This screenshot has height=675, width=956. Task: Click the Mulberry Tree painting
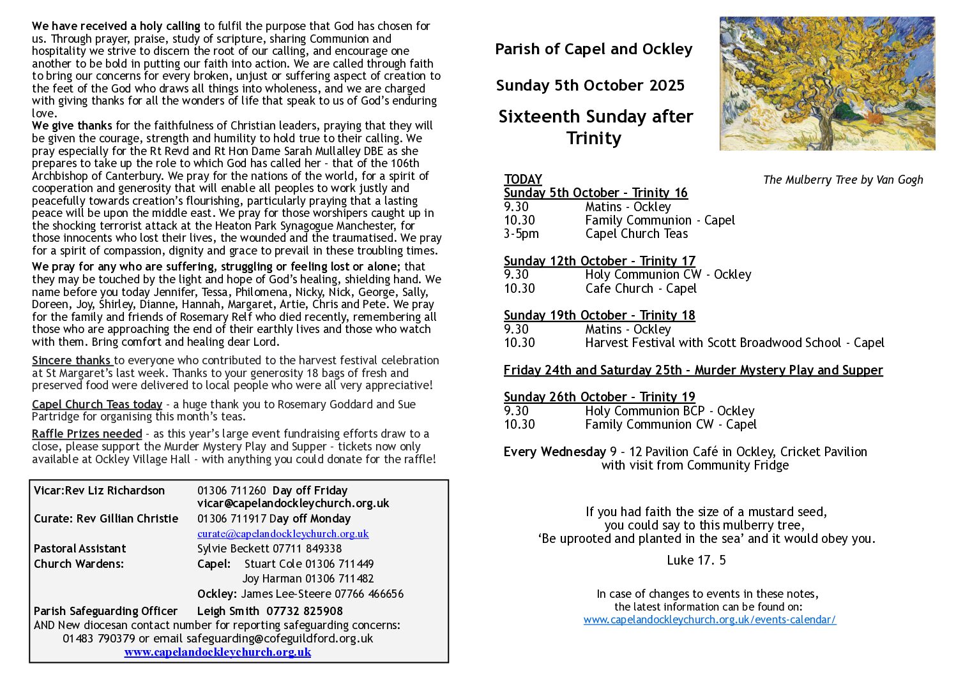coord(827,84)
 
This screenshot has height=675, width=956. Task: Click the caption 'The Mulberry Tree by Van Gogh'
coord(843,180)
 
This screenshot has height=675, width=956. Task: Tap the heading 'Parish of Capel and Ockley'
coord(593,49)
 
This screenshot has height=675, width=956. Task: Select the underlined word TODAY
coord(523,179)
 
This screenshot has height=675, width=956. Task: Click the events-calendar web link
coord(709,619)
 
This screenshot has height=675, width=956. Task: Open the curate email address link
coord(283,533)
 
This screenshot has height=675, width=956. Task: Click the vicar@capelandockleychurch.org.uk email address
coord(293,503)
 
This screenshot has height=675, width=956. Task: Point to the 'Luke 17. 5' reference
coord(696,560)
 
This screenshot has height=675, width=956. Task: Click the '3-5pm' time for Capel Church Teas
coord(521,234)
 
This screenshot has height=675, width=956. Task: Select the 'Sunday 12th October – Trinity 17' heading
coord(599,261)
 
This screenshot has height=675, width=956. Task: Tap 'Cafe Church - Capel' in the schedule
coord(641,288)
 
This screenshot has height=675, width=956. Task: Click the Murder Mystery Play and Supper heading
coord(693,370)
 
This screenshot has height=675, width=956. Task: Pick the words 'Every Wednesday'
coord(554,452)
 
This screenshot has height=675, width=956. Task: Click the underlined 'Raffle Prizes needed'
coord(87,434)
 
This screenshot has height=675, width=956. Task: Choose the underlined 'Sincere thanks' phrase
coord(72,360)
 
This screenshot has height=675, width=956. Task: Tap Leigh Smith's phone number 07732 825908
coord(304,611)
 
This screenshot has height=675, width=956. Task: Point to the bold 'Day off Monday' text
coord(310,519)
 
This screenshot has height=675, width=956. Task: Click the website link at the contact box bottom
coord(217,652)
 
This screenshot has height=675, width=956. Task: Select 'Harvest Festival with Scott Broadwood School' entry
coord(713,343)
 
